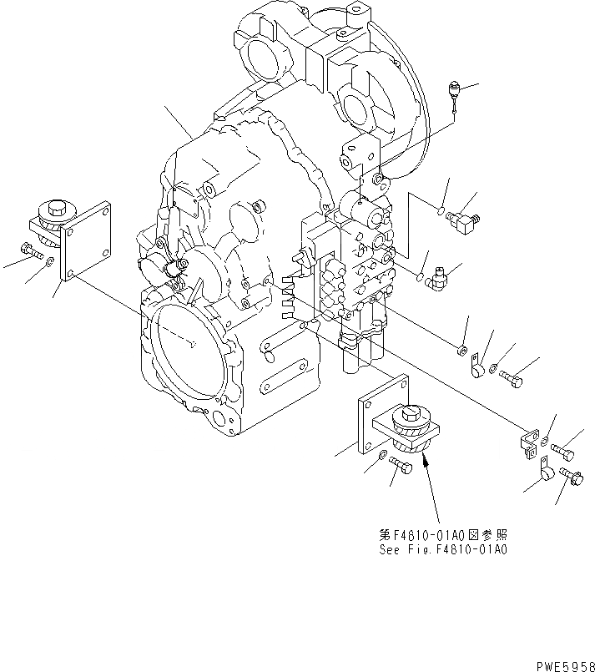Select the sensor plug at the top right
coord(456,88)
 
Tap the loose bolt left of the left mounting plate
coord(29,248)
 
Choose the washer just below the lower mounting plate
coord(381,454)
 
